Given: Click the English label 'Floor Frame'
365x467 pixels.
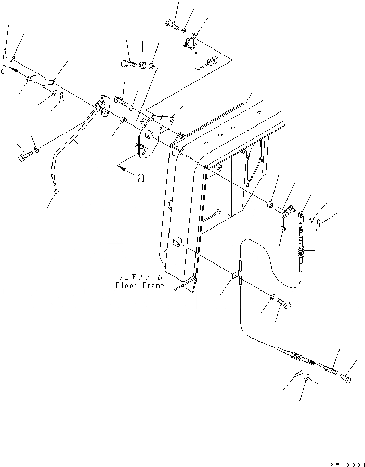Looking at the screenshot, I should (x=140, y=286).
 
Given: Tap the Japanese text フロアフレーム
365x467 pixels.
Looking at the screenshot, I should (x=140, y=278).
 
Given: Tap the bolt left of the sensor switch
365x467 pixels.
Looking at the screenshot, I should (x=172, y=23).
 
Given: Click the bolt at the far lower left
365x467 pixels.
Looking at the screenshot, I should (x=23, y=155).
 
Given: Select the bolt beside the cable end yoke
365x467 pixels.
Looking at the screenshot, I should (x=345, y=379).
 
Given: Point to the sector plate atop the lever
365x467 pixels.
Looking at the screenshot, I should (x=102, y=105).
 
